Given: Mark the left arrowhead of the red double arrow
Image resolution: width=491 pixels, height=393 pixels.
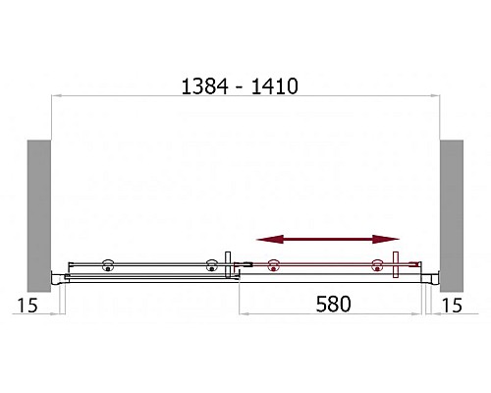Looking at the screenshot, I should pyautogui.click(x=263, y=239).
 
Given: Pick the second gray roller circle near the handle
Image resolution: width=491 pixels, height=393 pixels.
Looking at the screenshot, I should pyautogui.click(x=210, y=264).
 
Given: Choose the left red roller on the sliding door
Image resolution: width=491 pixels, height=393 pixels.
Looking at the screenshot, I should pyautogui.click(x=273, y=264).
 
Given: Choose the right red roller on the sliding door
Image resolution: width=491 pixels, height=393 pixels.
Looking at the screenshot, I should pyautogui.click(x=376, y=264).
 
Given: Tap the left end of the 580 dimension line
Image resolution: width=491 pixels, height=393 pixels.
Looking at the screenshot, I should pyautogui.click(x=242, y=314).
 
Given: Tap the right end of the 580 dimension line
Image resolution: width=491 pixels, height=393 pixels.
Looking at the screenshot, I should pyautogui.click(x=424, y=314).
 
